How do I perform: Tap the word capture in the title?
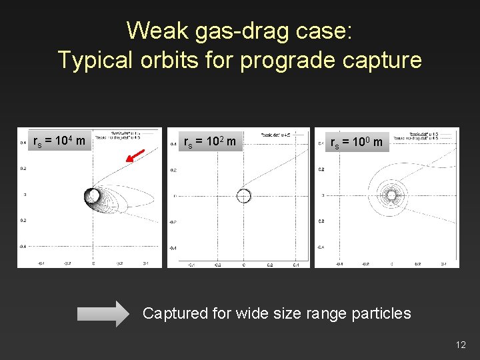(x=383, y=60)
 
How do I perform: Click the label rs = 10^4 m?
(x=59, y=141)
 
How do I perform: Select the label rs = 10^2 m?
(x=209, y=142)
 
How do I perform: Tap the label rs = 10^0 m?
(x=357, y=142)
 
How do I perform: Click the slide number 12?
(x=461, y=345)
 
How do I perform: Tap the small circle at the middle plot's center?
(x=243, y=195)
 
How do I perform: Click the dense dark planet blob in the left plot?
(x=92, y=195)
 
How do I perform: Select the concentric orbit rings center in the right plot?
(x=391, y=195)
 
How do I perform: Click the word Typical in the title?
(x=95, y=60)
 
